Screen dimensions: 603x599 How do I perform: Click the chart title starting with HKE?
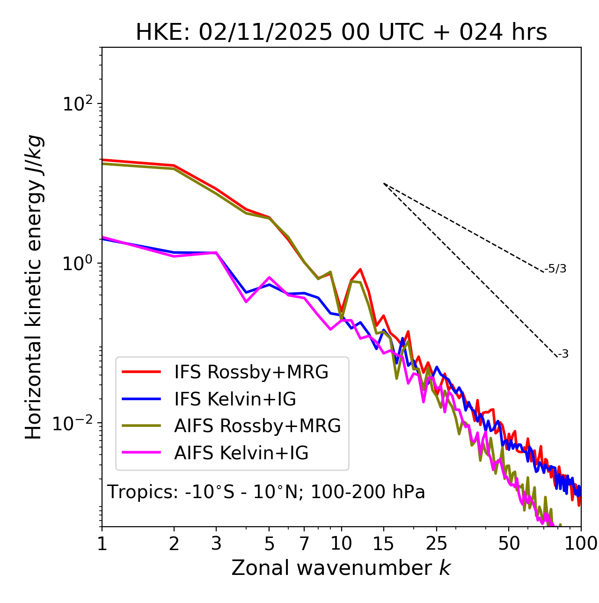tap(341, 32)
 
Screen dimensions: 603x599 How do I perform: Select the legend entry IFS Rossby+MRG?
tap(251, 372)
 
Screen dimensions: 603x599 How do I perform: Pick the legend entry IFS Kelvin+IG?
tap(235, 399)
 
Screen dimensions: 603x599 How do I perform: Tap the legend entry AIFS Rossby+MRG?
tap(257, 426)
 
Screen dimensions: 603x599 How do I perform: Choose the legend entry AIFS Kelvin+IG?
tap(241, 453)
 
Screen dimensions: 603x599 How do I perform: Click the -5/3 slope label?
tap(555, 269)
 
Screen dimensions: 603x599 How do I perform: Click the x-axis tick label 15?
tap(383, 544)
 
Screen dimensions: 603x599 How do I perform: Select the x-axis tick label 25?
tap(436, 544)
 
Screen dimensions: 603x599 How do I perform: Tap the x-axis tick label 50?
tap(509, 544)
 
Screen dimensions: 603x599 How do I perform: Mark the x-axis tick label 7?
tap(304, 544)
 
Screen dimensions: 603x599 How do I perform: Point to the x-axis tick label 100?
tap(581, 544)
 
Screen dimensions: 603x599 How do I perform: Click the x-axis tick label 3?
tap(216, 544)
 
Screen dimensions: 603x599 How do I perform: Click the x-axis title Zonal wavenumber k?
tap(341, 568)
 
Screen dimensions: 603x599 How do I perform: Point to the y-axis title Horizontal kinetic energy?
tap(34, 287)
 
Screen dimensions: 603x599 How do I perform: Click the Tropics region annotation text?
tap(266, 492)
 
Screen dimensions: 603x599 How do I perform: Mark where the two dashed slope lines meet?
tap(384, 184)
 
